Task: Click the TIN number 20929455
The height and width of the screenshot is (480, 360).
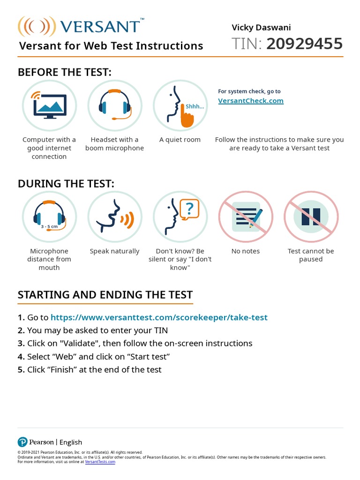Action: (304, 44)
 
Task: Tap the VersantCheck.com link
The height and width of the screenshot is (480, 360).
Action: (251, 100)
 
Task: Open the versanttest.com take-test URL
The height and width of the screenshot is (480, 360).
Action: (159, 317)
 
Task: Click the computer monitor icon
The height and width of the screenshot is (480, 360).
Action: (49, 105)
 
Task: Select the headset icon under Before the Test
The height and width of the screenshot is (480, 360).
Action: (114, 105)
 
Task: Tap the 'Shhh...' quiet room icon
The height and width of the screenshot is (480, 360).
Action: (180, 105)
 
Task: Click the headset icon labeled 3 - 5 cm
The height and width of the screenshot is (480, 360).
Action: (49, 217)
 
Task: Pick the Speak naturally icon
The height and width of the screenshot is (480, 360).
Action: (114, 217)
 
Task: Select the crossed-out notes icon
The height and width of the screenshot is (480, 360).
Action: (246, 217)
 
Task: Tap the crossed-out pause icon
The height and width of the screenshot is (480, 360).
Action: (311, 217)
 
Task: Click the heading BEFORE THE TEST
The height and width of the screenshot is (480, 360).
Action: (65, 72)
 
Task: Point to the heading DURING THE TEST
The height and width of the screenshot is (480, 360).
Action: (66, 184)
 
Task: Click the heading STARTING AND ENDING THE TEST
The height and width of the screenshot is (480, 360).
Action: (105, 295)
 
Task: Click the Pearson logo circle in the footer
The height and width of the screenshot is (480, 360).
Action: (22, 442)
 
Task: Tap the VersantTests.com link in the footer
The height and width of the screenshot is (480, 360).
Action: (100, 462)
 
